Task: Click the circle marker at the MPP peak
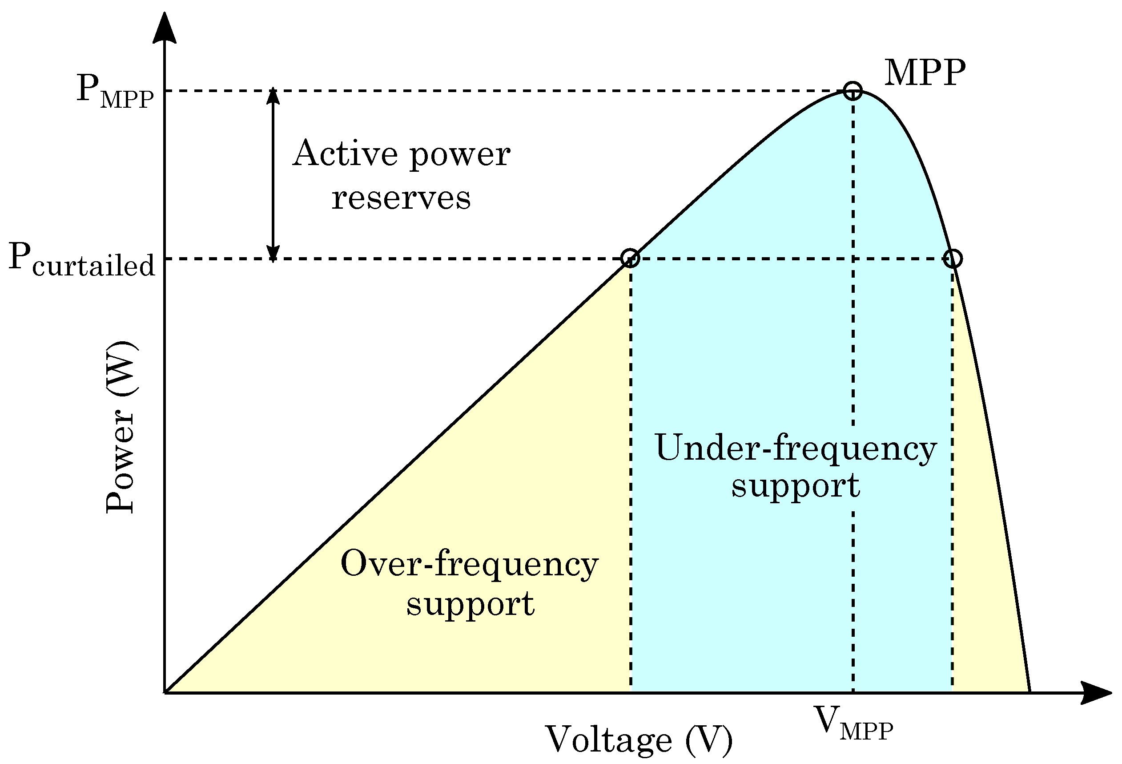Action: pos(853,90)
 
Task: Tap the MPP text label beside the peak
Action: pos(924,73)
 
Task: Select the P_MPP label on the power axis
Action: pos(115,91)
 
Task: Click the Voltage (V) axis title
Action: pos(638,740)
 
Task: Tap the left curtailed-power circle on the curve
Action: pos(630,259)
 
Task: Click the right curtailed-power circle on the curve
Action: pos(953,259)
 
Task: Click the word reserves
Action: pos(401,198)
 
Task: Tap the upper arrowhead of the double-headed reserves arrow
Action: pos(273,96)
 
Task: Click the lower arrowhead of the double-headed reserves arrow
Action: pos(273,253)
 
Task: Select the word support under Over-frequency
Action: pos(470,604)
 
